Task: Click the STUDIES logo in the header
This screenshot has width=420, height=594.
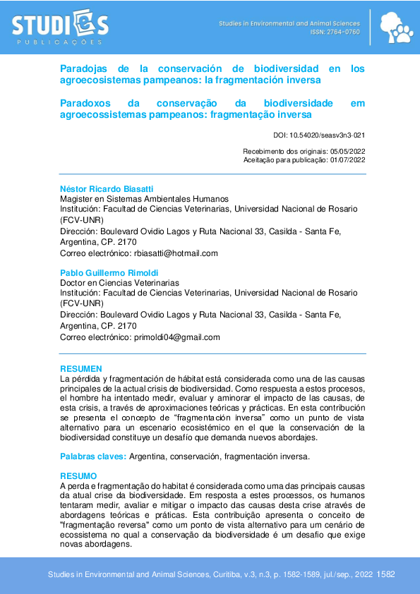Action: pyautogui.click(x=60, y=27)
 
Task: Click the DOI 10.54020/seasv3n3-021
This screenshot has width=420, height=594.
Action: pyautogui.click(x=319, y=135)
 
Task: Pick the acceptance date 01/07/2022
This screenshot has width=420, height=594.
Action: pyautogui.click(x=347, y=160)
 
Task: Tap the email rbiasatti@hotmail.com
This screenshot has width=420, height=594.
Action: pyautogui.click(x=176, y=253)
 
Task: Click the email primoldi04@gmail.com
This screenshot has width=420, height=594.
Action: pyautogui.click(x=176, y=337)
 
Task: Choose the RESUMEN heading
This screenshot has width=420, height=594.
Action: pyautogui.click(x=81, y=369)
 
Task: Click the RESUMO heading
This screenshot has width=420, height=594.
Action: pyautogui.click(x=78, y=476)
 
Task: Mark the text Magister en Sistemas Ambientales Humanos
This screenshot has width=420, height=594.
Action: pyautogui.click(x=144, y=200)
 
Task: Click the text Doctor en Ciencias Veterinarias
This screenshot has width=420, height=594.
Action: pyautogui.click(x=119, y=283)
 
